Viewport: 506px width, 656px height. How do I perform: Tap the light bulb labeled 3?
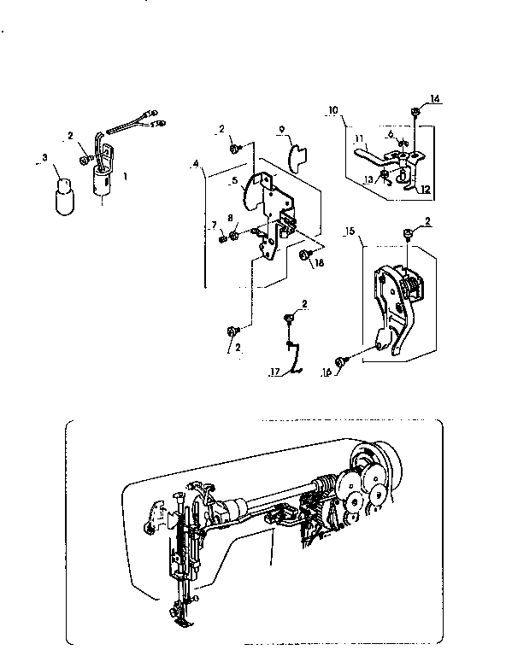[62, 196]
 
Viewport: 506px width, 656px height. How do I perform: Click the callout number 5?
[233, 180]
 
